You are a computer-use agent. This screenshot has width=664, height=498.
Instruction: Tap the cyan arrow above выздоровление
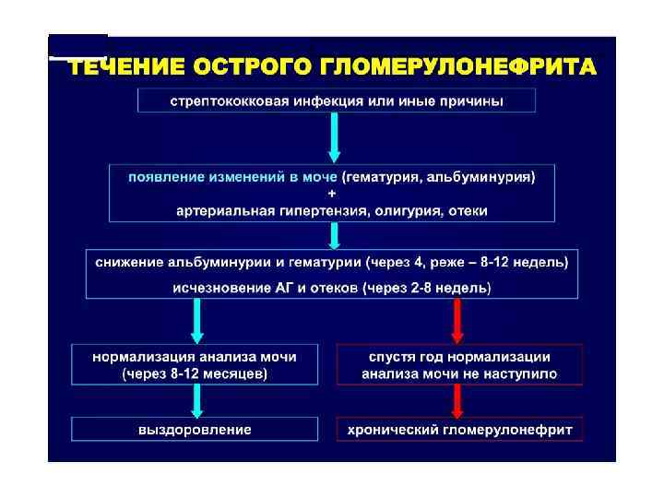point(197,400)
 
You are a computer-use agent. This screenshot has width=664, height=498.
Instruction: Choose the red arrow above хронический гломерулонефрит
point(458,400)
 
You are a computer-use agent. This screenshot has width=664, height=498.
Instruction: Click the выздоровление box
point(196,430)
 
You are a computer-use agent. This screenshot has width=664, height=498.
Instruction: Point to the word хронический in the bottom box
point(390,430)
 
